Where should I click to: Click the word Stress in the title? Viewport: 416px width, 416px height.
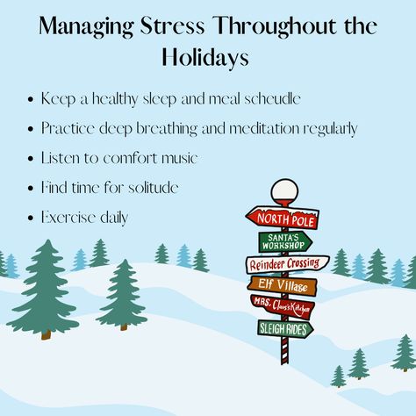click(172, 26)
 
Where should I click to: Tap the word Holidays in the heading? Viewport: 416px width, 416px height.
click(205, 57)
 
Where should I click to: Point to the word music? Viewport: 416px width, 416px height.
click(180, 158)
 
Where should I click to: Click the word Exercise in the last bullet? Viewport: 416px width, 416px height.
click(68, 217)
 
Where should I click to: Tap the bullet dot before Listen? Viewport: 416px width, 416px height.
click(31, 159)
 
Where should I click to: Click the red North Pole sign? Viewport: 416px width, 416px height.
click(283, 218)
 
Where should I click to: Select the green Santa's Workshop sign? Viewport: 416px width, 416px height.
click(285, 242)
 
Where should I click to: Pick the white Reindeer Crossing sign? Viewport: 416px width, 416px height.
click(287, 264)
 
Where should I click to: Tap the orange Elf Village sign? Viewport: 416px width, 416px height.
click(283, 285)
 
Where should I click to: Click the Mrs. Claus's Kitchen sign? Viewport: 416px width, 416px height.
click(283, 305)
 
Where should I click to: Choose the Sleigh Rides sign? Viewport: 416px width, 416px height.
click(285, 329)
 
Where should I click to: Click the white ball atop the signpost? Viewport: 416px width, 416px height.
click(284, 191)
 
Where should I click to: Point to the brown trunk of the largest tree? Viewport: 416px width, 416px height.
click(46, 334)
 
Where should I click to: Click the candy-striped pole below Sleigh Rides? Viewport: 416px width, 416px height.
click(284, 351)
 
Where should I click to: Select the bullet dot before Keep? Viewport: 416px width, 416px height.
click(31, 99)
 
